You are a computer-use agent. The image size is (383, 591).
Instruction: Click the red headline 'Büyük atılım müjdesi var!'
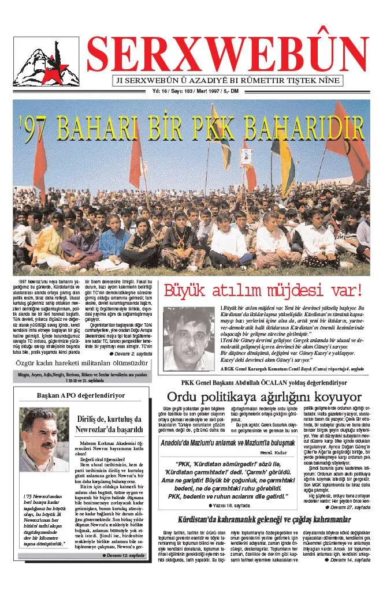pyautogui.click(x=263, y=290)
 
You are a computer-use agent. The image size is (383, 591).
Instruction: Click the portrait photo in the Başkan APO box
pyautogui.click(x=44, y=440)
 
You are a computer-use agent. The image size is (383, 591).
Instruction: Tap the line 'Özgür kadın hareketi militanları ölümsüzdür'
pyautogui.click(x=81, y=364)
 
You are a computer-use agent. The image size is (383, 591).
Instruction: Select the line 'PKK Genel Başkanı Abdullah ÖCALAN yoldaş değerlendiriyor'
pyautogui.click(x=264, y=382)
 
